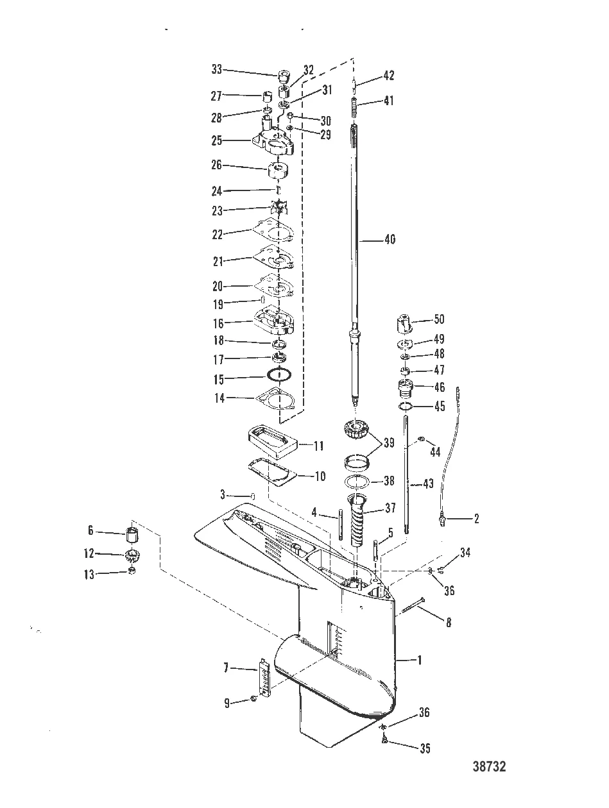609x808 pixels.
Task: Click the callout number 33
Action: click(217, 69)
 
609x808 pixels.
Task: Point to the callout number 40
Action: click(390, 240)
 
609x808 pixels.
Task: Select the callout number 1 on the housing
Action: click(419, 659)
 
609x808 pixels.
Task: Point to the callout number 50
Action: click(439, 319)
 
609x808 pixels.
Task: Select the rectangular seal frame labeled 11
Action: click(268, 443)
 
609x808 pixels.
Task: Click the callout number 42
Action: click(388, 76)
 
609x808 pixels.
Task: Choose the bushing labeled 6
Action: click(132, 532)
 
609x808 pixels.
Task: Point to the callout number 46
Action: click(440, 387)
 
